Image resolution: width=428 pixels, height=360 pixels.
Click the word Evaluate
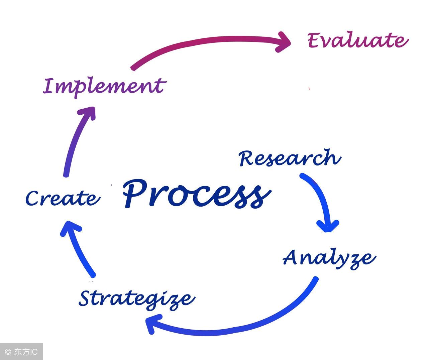(358, 40)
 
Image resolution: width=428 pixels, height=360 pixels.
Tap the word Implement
(105, 88)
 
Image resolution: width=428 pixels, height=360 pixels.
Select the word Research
(290, 158)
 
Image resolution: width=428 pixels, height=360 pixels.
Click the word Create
(63, 198)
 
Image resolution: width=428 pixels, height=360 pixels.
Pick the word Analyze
(329, 259)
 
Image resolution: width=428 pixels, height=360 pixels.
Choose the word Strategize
(137, 299)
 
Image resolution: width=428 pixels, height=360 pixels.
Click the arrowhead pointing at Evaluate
(283, 42)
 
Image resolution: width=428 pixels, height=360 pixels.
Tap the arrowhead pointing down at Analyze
(328, 226)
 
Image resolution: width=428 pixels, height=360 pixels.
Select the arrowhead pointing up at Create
(71, 228)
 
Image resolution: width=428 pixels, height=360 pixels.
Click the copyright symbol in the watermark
(8, 352)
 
